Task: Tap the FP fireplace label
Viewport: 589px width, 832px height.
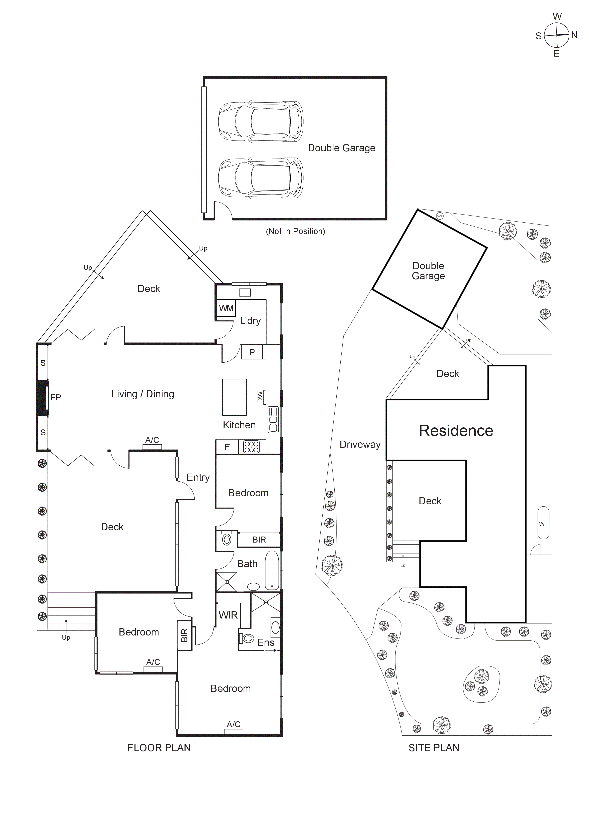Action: [55, 398]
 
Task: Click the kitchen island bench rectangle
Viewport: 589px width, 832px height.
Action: [234, 397]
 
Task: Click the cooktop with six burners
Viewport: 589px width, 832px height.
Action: [251, 447]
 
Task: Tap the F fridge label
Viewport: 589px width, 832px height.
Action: [227, 447]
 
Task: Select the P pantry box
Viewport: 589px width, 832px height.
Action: [252, 352]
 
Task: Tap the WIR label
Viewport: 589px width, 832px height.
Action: [228, 615]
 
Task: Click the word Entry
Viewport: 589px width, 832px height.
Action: [198, 477]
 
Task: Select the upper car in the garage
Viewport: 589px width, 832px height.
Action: [260, 121]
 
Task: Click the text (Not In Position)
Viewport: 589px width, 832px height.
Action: [295, 231]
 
